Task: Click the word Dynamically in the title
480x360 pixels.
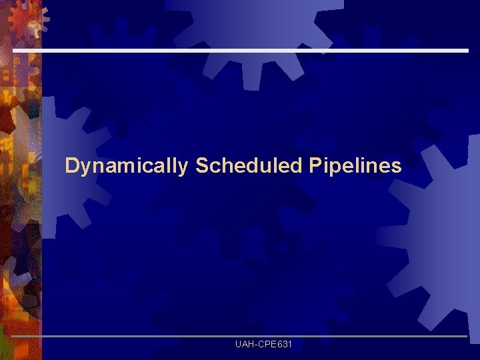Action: (x=127, y=166)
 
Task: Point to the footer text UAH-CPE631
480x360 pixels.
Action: (x=263, y=345)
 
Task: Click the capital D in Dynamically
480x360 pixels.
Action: (x=71, y=165)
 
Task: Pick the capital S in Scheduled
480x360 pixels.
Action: (x=201, y=165)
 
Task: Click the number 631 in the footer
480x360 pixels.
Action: (x=283, y=345)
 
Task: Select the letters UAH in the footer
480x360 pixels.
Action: (x=243, y=345)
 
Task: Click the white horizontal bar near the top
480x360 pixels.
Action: (x=240, y=51)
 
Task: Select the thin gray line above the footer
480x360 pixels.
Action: (x=240, y=336)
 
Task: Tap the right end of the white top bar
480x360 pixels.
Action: (x=466, y=51)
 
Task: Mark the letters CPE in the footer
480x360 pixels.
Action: (x=265, y=345)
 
